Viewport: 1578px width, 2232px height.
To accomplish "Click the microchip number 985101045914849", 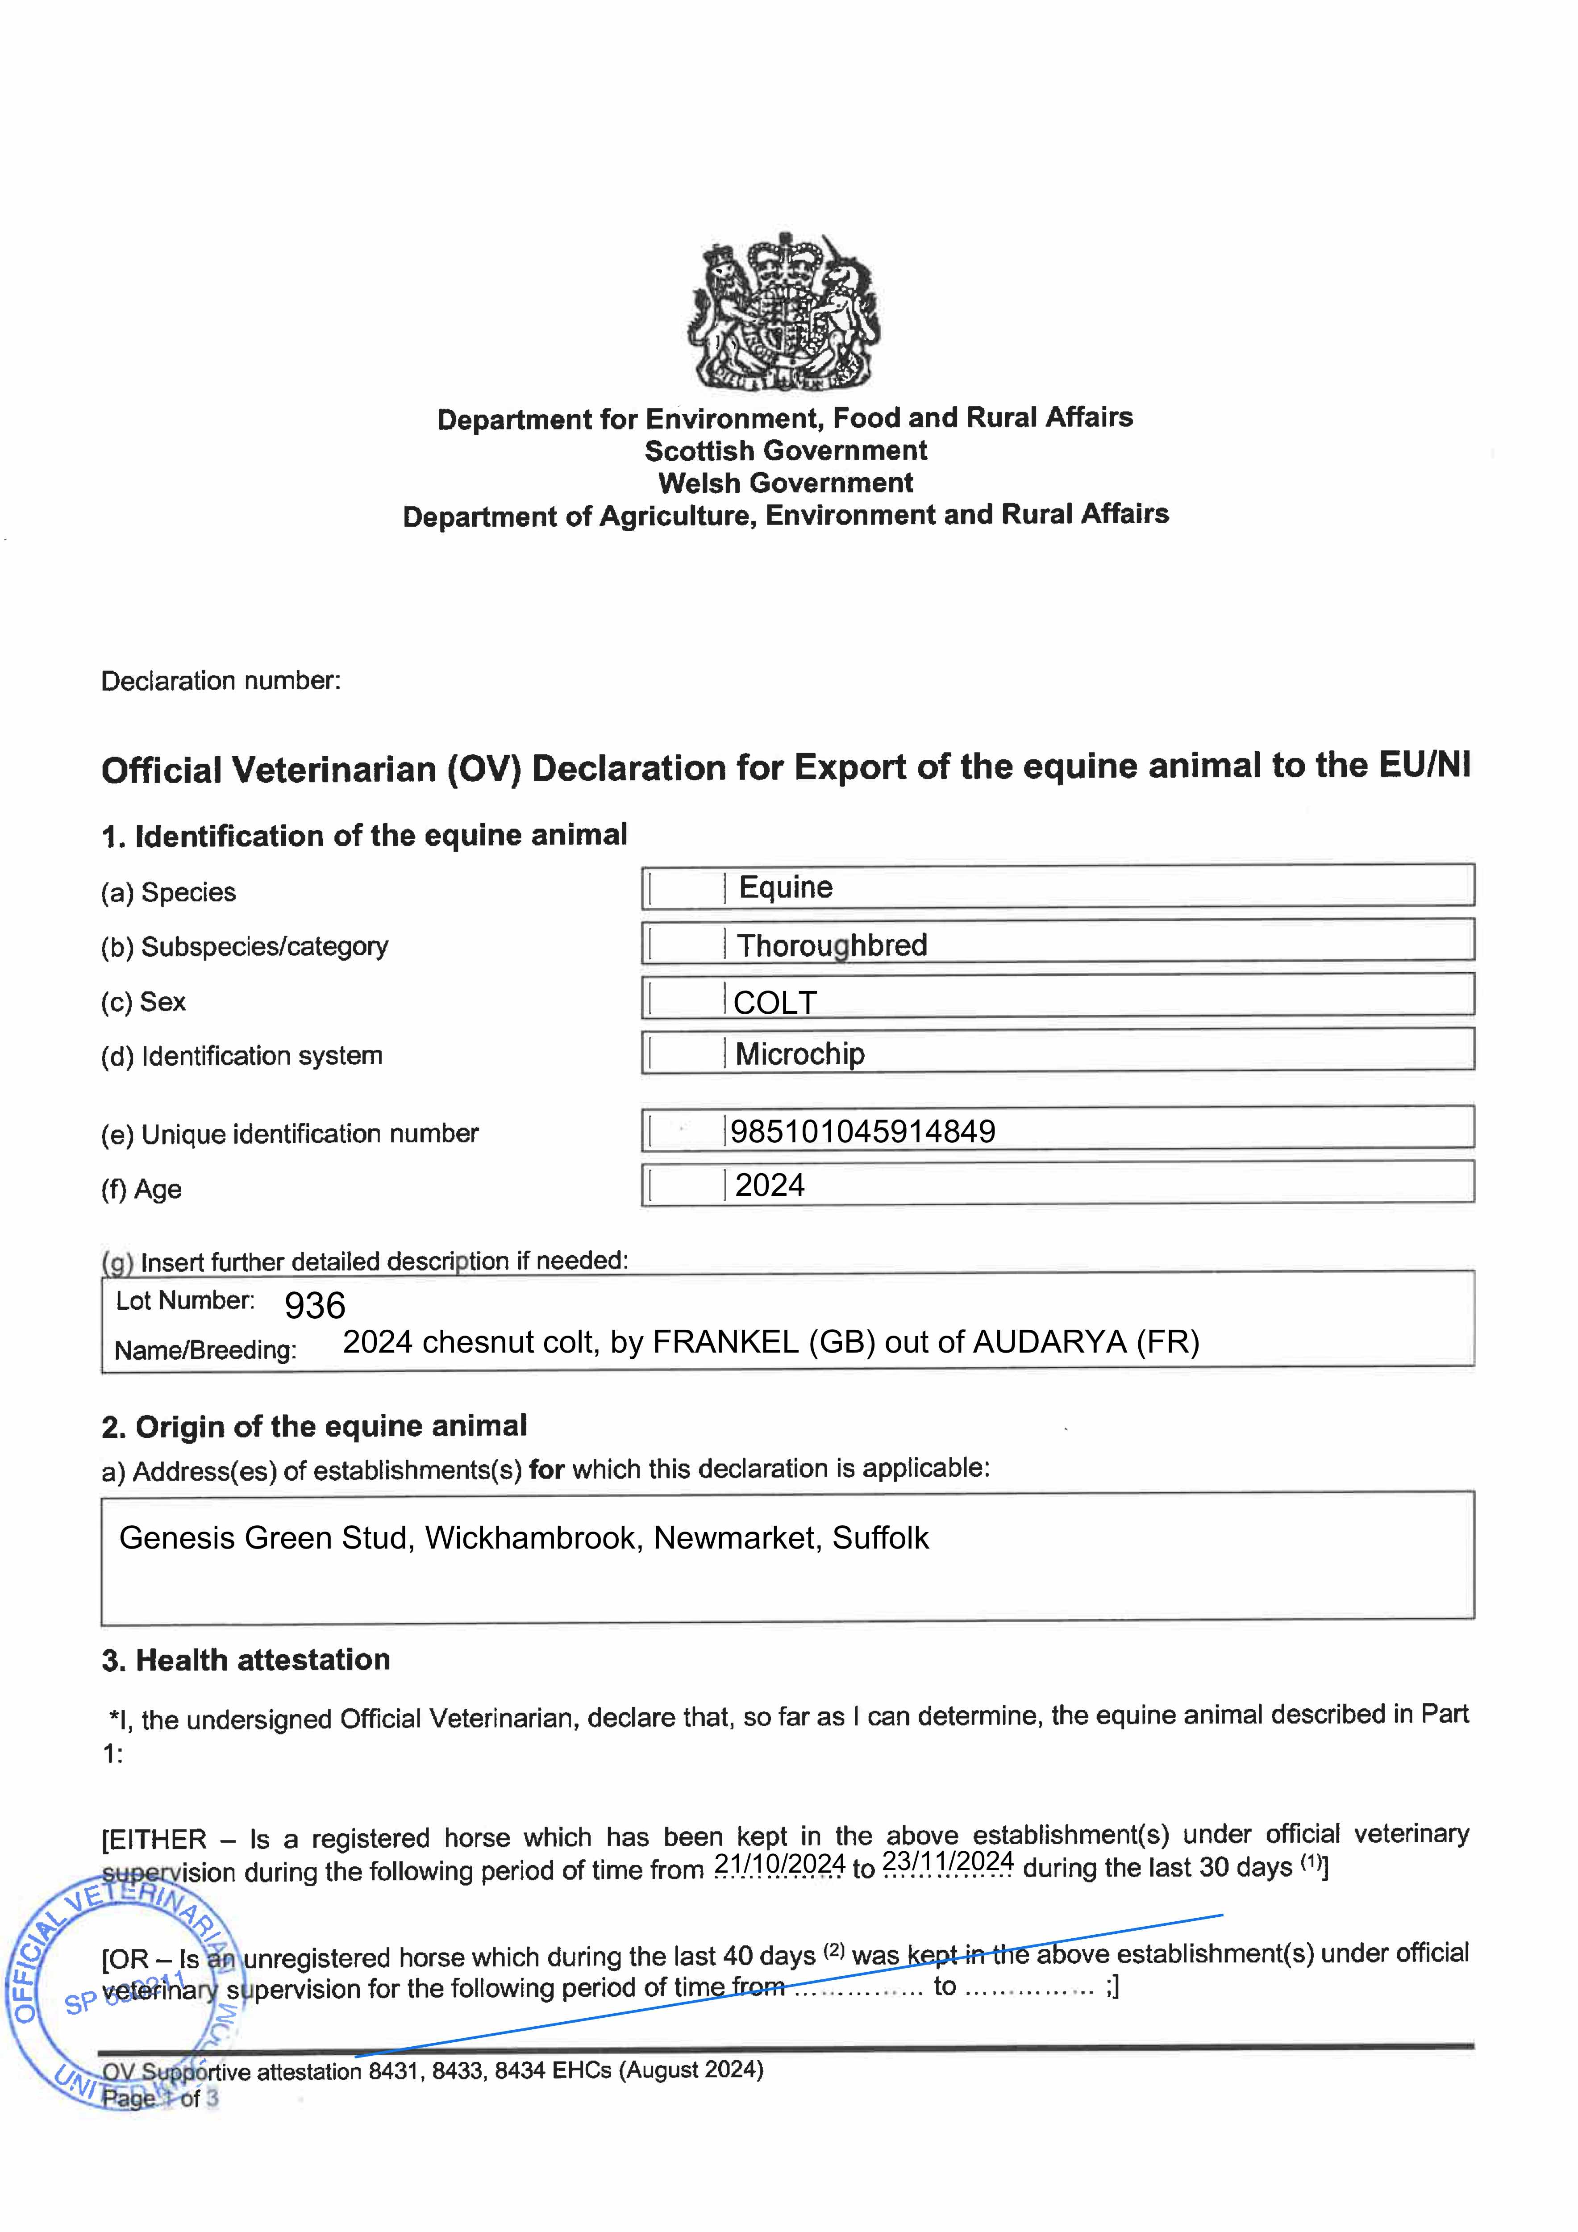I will (862, 1131).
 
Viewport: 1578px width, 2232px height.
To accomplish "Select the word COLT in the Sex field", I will (775, 1002).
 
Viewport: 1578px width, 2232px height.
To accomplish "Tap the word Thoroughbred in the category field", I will (832, 945).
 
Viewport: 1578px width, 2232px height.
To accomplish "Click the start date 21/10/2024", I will (780, 1864).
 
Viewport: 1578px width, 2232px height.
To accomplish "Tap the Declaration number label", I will (221, 680).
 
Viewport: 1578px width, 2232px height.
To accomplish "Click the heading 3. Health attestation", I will (246, 1659).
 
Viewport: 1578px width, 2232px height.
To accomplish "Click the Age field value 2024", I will (770, 1185).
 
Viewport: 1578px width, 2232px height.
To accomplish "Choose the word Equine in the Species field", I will (786, 887).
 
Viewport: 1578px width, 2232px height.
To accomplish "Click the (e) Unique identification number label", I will (290, 1133).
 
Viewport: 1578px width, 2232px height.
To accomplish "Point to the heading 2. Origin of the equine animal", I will (314, 1426).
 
